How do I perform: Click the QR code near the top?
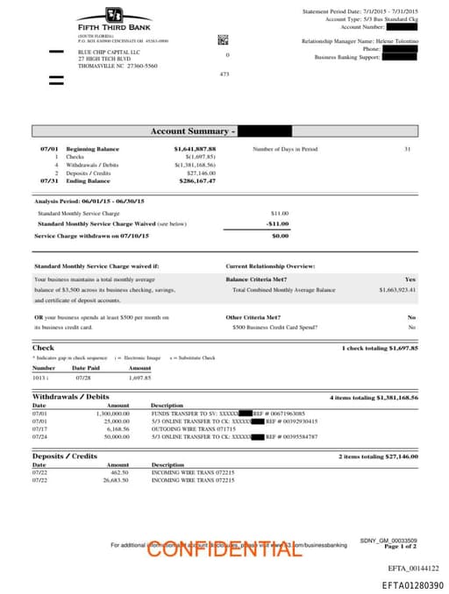(x=223, y=39)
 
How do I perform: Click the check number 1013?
(x=38, y=378)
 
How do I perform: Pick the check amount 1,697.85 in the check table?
(x=139, y=378)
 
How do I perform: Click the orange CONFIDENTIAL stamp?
(x=224, y=548)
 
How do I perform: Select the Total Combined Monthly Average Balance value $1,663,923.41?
(x=397, y=289)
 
